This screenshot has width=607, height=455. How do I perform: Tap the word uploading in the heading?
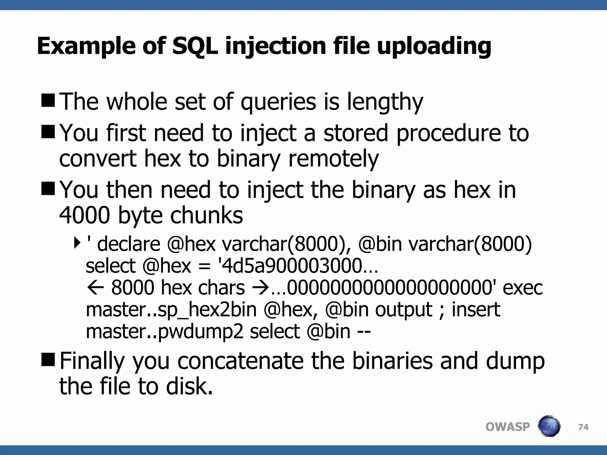pyautogui.click(x=434, y=47)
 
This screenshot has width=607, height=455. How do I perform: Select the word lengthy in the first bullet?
pyautogui.click(x=385, y=102)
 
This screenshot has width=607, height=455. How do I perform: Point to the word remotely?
pyautogui.click(x=333, y=159)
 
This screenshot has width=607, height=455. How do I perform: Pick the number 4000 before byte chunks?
pyautogui.click(x=84, y=215)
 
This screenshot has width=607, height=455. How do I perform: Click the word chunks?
pyautogui.click(x=207, y=215)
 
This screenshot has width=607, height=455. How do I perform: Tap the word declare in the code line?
pyautogui.click(x=129, y=244)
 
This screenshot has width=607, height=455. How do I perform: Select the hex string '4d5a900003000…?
pyautogui.click(x=298, y=266)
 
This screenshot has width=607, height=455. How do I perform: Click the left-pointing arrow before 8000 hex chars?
pyautogui.click(x=95, y=288)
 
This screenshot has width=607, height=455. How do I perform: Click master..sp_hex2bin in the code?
pyautogui.click(x=171, y=310)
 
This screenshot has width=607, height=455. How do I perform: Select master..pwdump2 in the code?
pyautogui.click(x=164, y=331)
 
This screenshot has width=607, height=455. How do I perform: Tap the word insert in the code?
pyautogui.click(x=476, y=310)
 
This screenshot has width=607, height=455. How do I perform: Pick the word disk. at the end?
pyautogui.click(x=189, y=387)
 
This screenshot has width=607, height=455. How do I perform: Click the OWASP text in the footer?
pyautogui.click(x=507, y=427)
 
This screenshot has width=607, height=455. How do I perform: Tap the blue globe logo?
pyautogui.click(x=549, y=426)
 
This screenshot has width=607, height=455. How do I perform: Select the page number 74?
pyautogui.click(x=583, y=427)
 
